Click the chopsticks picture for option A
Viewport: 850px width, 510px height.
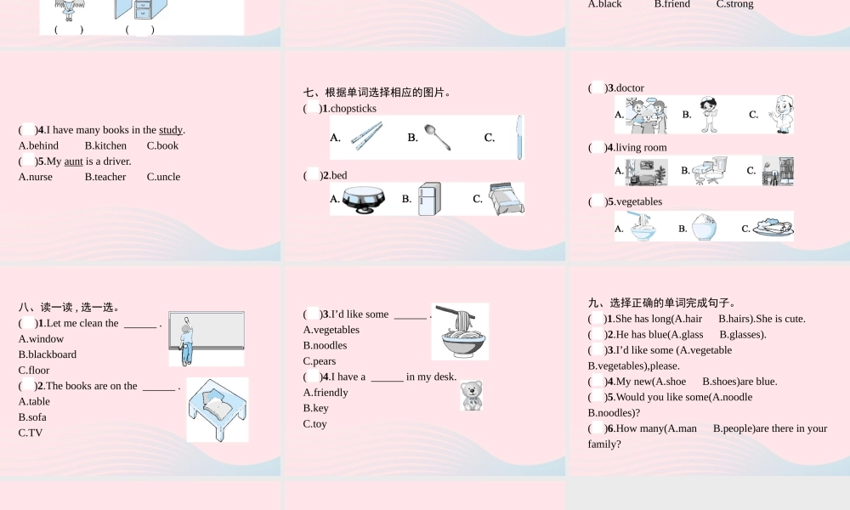coord(366,136)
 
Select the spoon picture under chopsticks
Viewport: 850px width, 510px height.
coord(438,137)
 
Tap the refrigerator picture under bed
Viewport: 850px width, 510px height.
coord(429,199)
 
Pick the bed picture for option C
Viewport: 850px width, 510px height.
coord(507,199)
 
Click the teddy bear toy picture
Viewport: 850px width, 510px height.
coord(471,395)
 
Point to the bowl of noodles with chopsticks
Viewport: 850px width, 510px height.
coord(460,331)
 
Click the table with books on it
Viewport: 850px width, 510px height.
coord(218,410)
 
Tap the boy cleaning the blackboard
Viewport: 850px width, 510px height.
coord(186,343)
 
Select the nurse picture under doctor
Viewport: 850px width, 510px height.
coord(708,115)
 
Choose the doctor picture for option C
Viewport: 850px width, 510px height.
coord(781,115)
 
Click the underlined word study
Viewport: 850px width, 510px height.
coord(171,130)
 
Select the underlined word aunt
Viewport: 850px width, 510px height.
coord(74,161)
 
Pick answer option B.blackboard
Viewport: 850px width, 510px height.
coord(47,354)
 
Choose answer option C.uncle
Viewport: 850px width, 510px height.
coord(164,177)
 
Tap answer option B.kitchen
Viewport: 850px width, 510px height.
coord(105,146)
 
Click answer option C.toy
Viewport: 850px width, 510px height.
coord(315,424)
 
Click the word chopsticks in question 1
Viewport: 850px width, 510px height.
coord(354,109)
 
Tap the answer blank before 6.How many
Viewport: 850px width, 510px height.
coord(597,428)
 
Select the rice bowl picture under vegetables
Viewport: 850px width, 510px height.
coord(704,227)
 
